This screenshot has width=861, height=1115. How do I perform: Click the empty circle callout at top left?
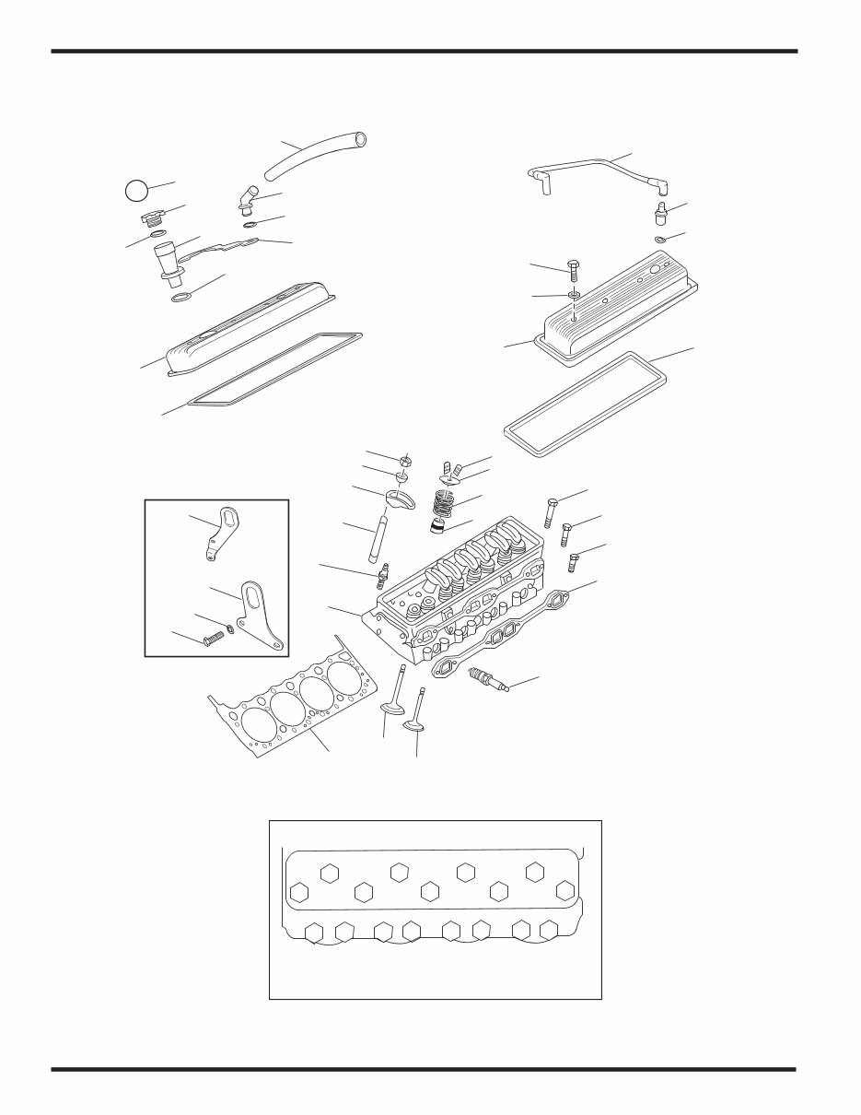click(x=135, y=191)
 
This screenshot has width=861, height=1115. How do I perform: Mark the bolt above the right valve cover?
click(x=572, y=269)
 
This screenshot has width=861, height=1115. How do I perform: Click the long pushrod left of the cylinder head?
click(x=378, y=538)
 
